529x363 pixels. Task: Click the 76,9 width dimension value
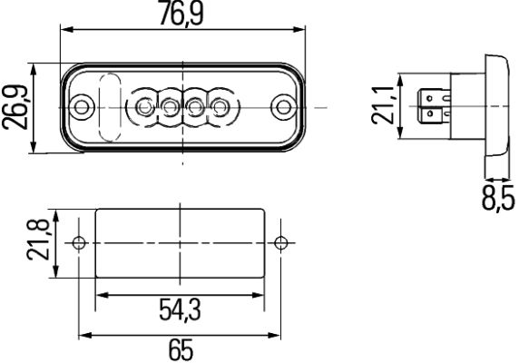coord(181,14)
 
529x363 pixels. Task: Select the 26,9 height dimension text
coord(15,107)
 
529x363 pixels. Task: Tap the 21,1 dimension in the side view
coord(383,105)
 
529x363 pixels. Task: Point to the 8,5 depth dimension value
coord(498,198)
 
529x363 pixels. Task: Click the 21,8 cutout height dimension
coord(38,240)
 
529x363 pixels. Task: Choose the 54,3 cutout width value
coord(180,310)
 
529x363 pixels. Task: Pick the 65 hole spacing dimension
coord(181,350)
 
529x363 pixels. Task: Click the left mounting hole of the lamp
coord(81,107)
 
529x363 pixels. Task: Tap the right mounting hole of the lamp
coord(283,107)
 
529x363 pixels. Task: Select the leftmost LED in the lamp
coord(144,107)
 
